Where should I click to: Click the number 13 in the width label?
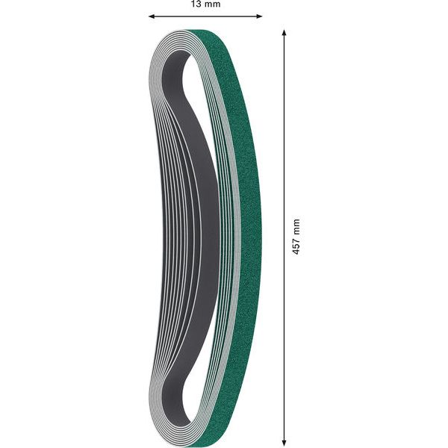[x=196, y=4]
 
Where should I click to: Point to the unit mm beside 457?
[x=296, y=226]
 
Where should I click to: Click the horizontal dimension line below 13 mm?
[x=205, y=16]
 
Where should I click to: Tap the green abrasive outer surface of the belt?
[x=243, y=224]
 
